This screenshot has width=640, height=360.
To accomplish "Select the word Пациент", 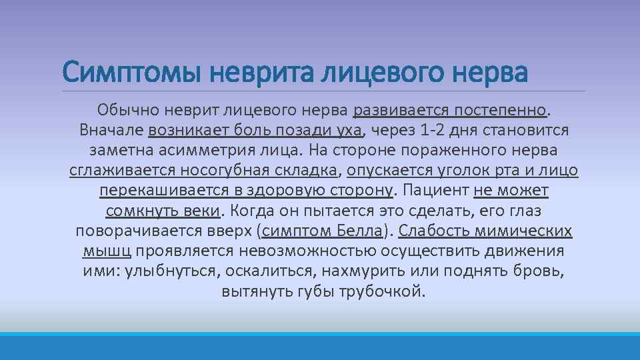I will click(x=435, y=191).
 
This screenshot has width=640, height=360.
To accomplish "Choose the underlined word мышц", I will click(x=108, y=252).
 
